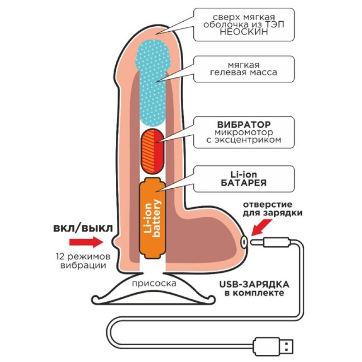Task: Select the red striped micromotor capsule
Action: (153, 151)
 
